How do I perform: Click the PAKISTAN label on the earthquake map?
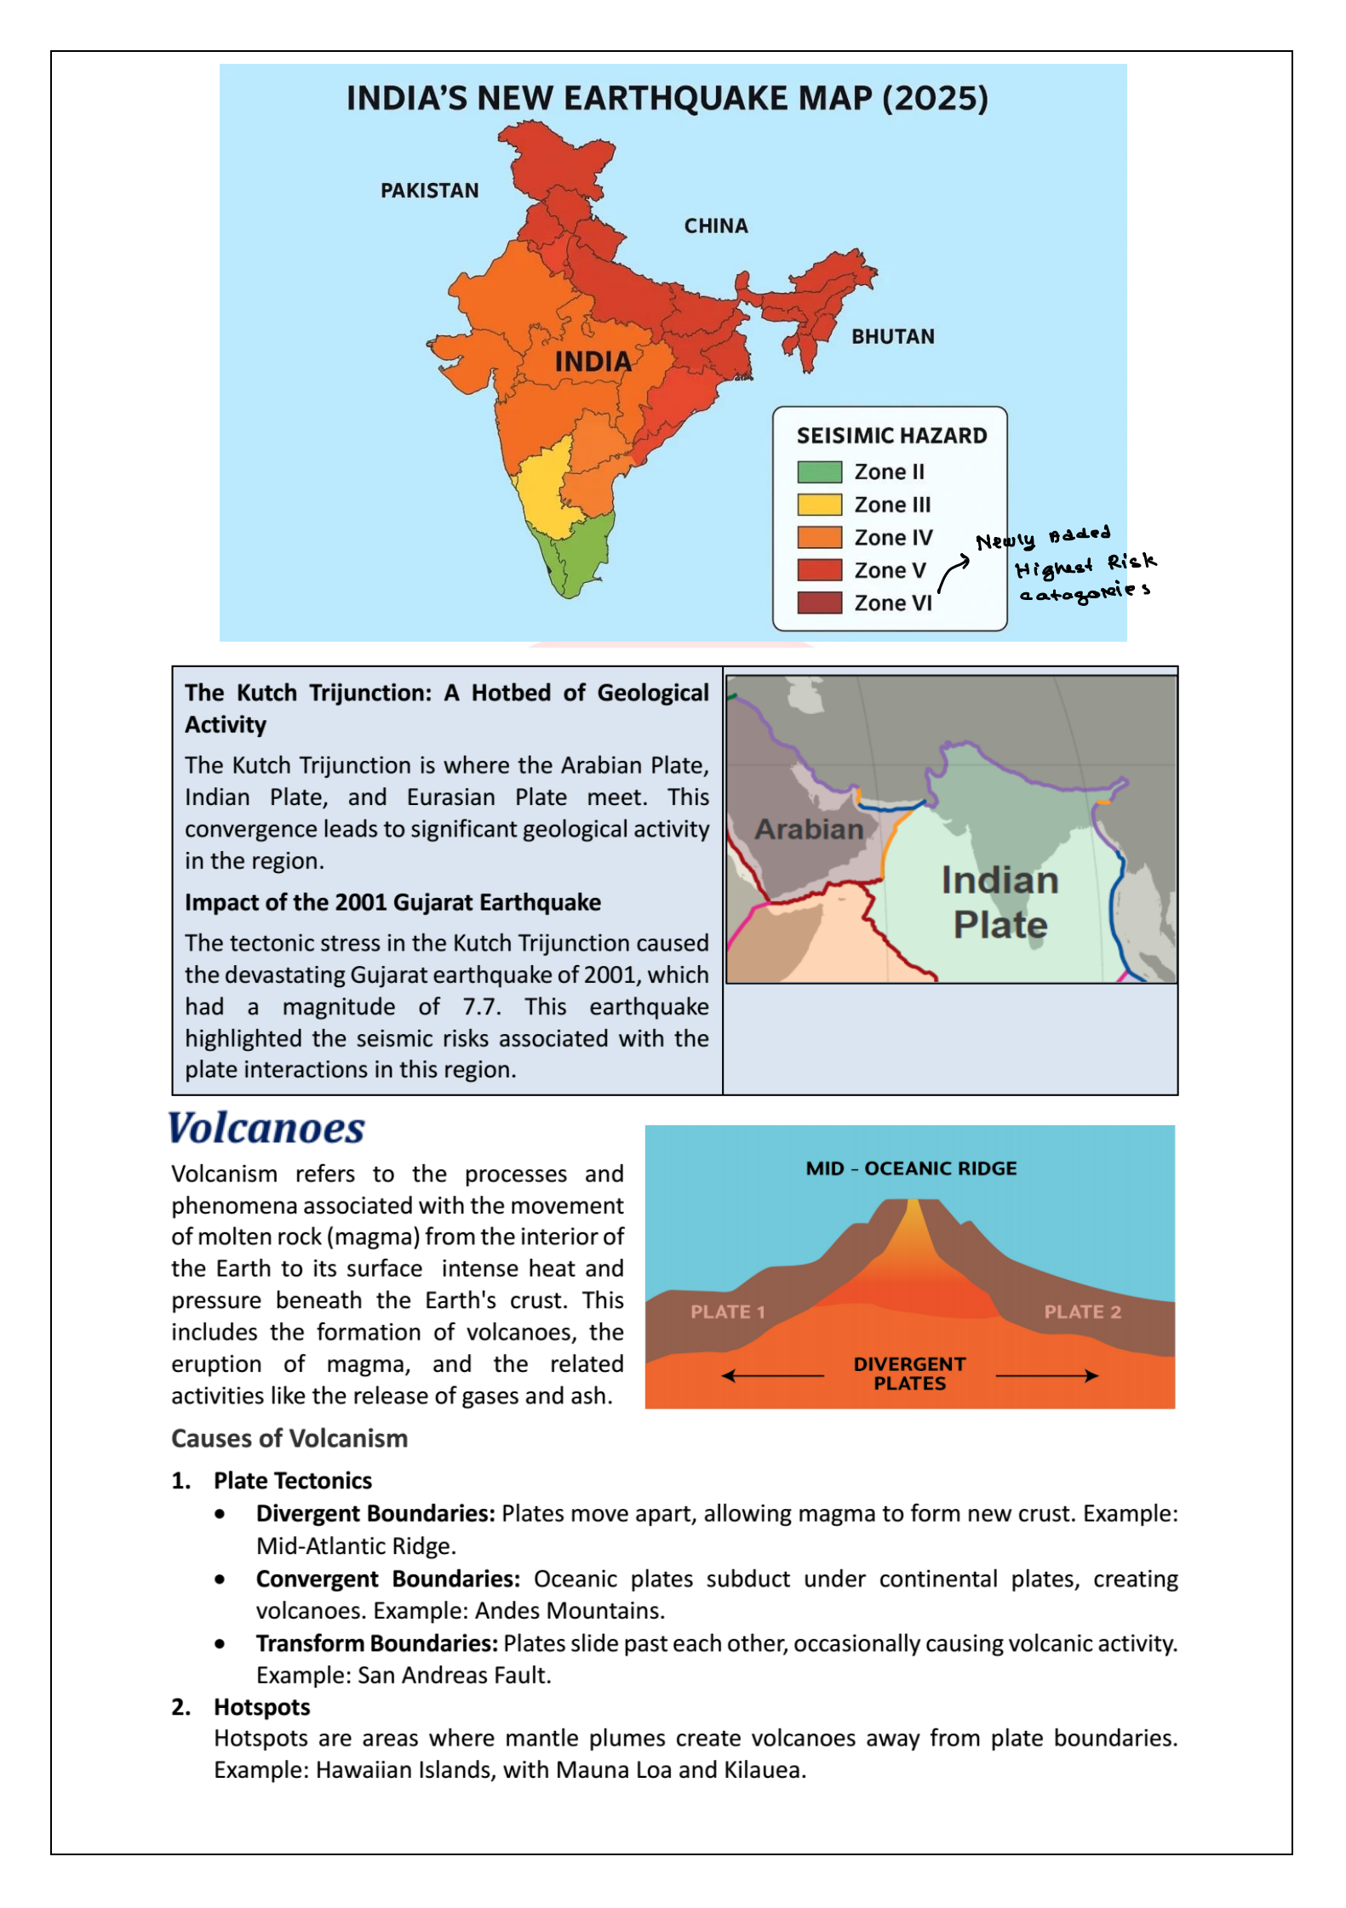[429, 191]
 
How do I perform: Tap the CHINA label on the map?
[715, 226]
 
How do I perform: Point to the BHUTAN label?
[892, 336]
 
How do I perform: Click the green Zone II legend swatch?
[818, 471]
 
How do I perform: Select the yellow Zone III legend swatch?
[818, 505]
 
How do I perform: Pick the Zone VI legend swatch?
[818, 603]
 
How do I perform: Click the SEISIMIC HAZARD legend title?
[891, 436]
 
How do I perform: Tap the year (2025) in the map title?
[935, 99]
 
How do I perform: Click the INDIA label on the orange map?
[593, 362]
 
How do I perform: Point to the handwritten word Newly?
[1005, 541]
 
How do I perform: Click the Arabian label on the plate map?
[809, 829]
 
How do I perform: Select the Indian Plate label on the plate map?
[999, 902]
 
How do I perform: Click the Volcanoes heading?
[266, 1128]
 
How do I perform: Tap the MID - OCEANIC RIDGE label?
[910, 1168]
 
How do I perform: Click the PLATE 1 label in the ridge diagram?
[727, 1311]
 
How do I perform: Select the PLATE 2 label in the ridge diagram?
[1081, 1311]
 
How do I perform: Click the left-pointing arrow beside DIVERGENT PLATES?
[770, 1375]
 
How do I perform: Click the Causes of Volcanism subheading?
[289, 1438]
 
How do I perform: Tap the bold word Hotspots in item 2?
[261, 1707]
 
